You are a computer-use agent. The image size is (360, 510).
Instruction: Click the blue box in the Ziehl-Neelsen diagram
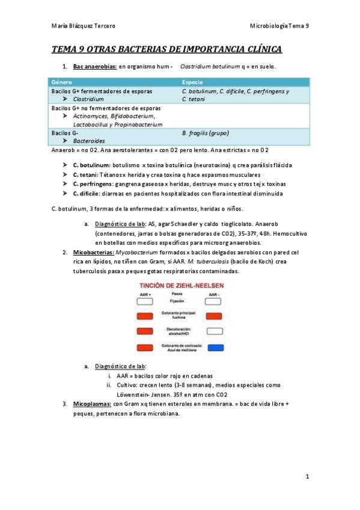215,347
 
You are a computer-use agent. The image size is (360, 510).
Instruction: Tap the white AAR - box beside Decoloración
215,331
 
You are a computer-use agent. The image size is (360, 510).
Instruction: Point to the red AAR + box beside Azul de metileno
145,347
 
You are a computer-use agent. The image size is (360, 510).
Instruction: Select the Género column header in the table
61,81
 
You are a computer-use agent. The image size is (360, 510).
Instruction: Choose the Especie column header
192,81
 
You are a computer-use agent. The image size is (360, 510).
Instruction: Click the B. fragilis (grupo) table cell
205,133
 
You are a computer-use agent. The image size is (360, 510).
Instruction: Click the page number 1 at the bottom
307,476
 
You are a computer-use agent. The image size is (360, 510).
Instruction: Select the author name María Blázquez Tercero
84,26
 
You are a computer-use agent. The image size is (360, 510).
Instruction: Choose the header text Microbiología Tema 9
279,26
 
